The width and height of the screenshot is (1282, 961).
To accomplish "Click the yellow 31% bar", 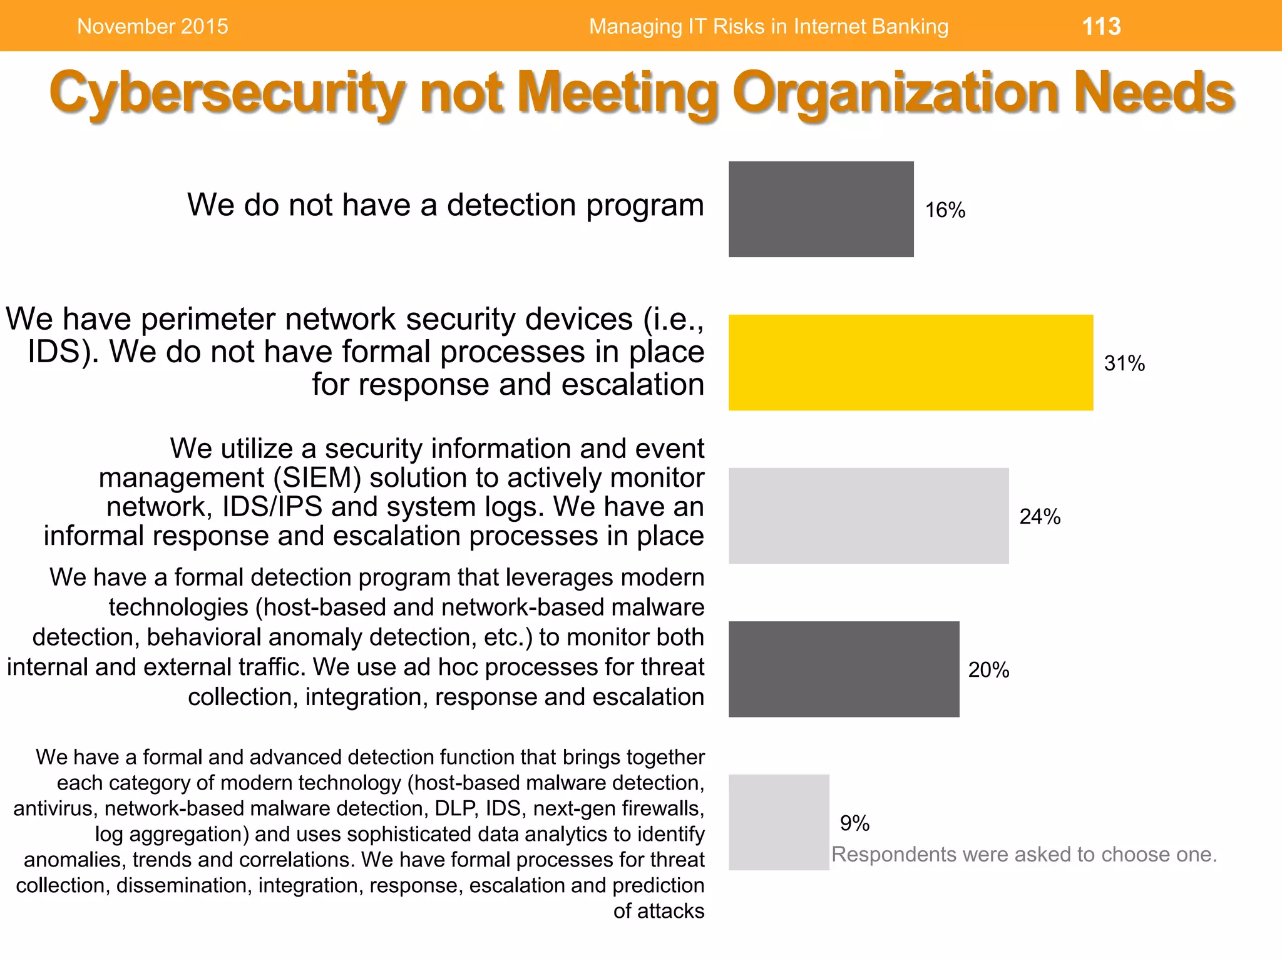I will tap(911, 362).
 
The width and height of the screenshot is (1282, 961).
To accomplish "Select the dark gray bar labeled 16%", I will tap(821, 209).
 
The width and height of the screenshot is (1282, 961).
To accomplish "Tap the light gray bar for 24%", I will tap(868, 516).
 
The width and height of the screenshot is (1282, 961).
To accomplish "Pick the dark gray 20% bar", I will tap(843, 669).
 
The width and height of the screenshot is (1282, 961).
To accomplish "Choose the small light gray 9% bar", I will tap(778, 822).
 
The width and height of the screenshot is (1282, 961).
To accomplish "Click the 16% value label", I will tap(945, 210).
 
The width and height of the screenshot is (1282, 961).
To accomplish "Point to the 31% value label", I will tap(1124, 364).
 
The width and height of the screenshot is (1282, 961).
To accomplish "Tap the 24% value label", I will tap(1040, 517).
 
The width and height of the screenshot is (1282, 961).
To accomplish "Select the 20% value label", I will tap(988, 670).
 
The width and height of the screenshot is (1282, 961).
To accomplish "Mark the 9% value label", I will tap(854, 823).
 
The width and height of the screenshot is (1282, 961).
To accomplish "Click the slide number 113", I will tap(1101, 26).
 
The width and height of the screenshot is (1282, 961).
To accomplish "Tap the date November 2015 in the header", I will tap(153, 26).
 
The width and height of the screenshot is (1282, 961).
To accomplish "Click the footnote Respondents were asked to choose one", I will tap(1024, 855).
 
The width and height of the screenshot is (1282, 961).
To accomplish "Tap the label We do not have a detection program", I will tap(446, 205).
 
